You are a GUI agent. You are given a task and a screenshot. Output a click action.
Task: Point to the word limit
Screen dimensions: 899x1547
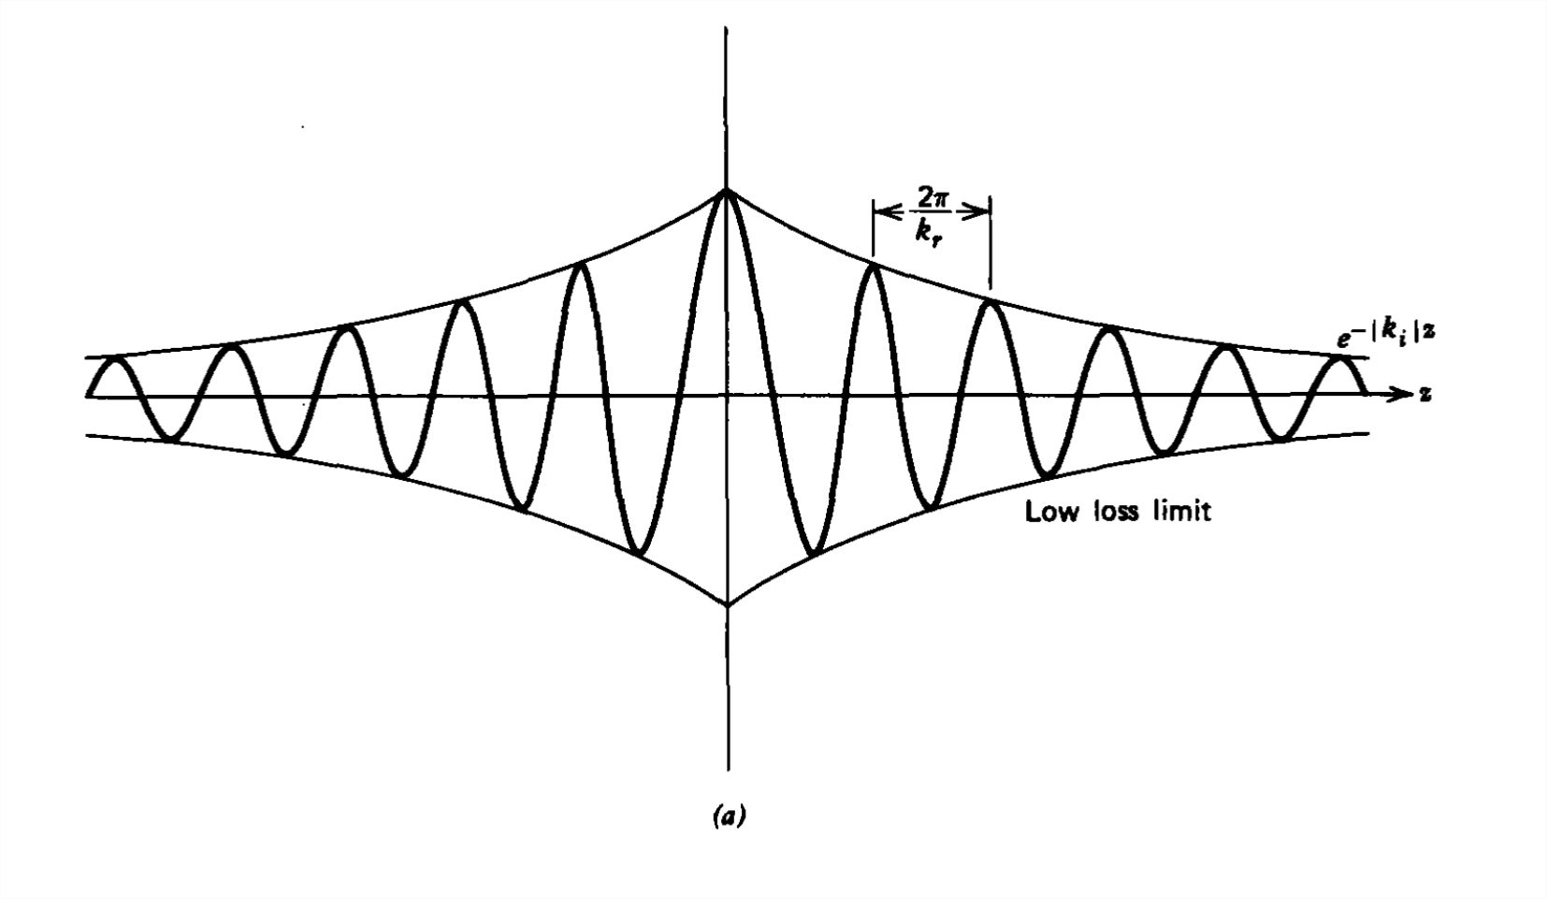pos(1182,512)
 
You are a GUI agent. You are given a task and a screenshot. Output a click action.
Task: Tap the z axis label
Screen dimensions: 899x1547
pos(1424,394)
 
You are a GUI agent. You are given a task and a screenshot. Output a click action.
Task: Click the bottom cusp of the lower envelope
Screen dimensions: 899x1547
pos(728,605)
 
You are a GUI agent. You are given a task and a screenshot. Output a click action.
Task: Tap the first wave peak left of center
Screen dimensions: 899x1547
pos(581,267)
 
